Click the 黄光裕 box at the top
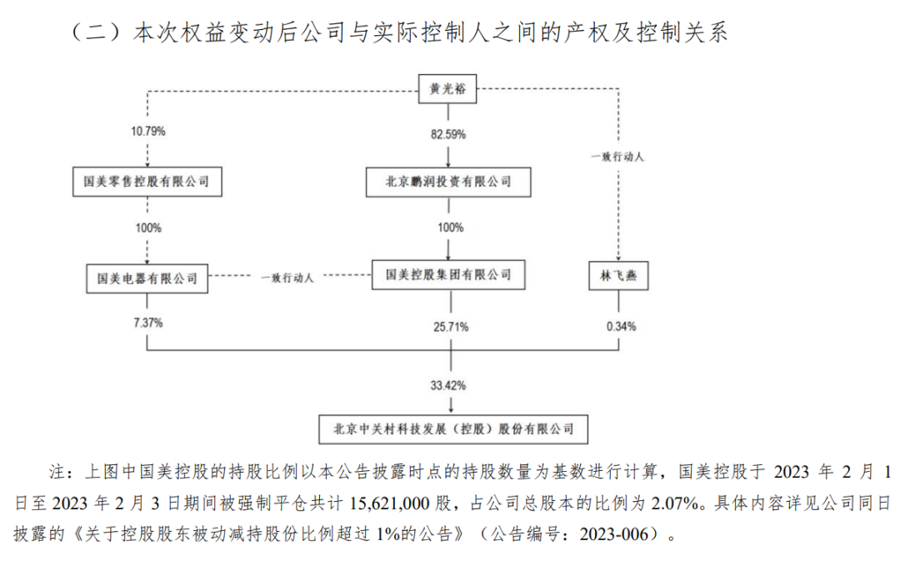click(x=447, y=89)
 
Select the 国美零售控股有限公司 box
click(x=147, y=182)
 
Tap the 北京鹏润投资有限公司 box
click(x=448, y=182)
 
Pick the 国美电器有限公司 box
click(x=147, y=278)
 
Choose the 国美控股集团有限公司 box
click(x=448, y=275)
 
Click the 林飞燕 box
click(x=618, y=276)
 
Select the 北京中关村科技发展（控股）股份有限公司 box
click(x=453, y=429)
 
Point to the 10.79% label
click(x=148, y=132)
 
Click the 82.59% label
click(x=448, y=135)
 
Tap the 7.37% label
click(x=148, y=323)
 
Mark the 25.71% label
click(x=451, y=328)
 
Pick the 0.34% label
click(x=621, y=327)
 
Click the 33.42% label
click(x=448, y=385)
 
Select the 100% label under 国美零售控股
click(x=148, y=228)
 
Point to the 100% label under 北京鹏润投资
click(x=451, y=228)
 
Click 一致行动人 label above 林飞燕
click(x=617, y=157)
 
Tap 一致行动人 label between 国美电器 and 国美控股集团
click(x=287, y=278)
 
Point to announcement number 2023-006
click(x=613, y=534)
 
